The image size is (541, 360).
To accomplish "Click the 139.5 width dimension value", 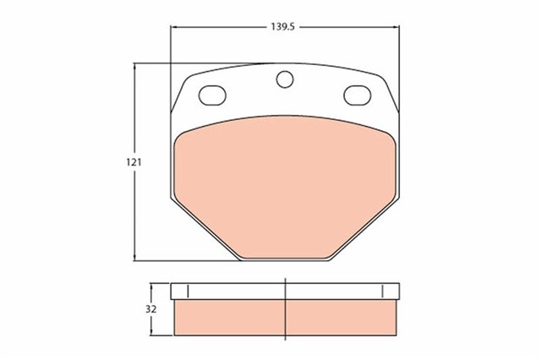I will [x=282, y=28].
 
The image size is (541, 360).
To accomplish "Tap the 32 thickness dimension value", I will [x=151, y=308].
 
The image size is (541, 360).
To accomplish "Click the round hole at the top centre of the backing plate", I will [x=286, y=79].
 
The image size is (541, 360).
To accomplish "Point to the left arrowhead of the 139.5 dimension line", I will [x=175, y=28].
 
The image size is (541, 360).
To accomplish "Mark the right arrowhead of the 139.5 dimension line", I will [x=395, y=28].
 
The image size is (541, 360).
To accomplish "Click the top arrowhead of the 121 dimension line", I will [x=136, y=66].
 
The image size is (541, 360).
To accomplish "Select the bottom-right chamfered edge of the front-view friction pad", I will [x=363, y=231].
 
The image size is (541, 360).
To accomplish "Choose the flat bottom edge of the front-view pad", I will [x=285, y=259].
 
